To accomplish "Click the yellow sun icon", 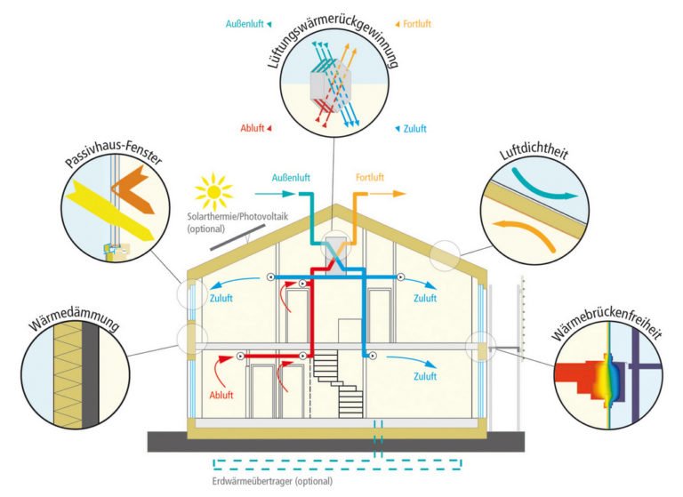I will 213,190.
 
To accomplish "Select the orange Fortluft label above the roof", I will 371,176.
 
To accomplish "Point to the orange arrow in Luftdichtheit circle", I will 526,233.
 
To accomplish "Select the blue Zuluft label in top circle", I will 413,129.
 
